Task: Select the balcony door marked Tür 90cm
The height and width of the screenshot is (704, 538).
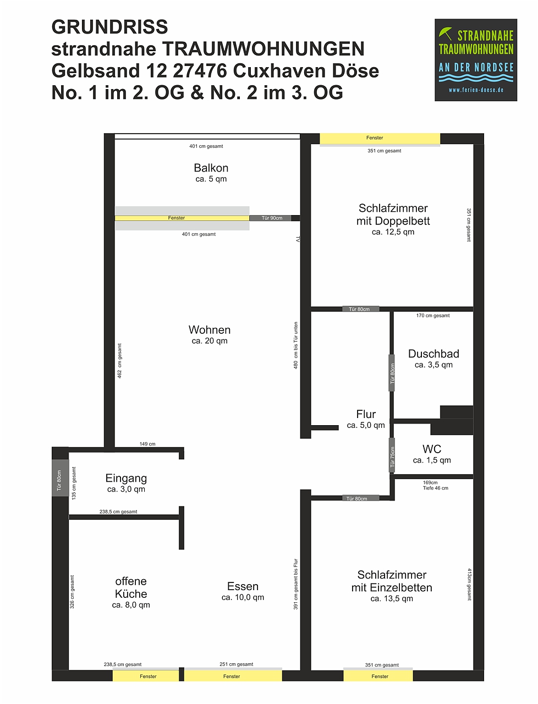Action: click(272, 218)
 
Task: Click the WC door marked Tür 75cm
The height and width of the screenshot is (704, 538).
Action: click(392, 455)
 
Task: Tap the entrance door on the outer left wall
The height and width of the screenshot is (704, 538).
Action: click(60, 478)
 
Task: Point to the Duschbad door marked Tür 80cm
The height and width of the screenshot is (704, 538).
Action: click(392, 373)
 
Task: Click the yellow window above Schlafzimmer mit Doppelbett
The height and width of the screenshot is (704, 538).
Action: click(380, 139)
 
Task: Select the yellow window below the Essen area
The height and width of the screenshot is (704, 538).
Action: click(233, 676)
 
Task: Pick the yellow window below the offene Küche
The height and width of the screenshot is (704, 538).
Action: click(146, 676)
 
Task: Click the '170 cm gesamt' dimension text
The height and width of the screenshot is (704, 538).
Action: click(433, 316)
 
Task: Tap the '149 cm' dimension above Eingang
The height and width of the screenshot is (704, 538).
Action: click(147, 444)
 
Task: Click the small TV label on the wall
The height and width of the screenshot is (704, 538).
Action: click(298, 239)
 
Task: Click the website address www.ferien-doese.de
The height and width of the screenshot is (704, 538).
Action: click(476, 90)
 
